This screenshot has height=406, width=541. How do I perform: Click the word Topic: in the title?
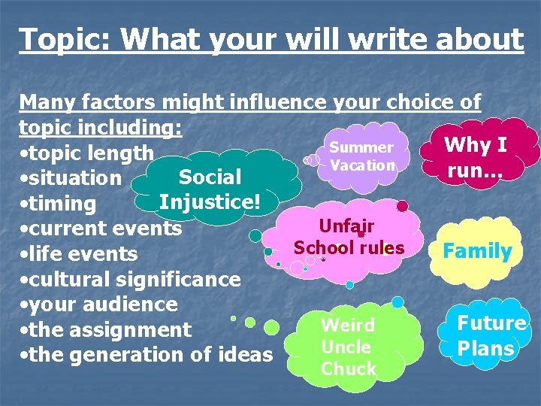63,39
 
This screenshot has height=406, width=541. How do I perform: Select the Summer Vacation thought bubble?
361,156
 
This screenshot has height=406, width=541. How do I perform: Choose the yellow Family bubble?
477,251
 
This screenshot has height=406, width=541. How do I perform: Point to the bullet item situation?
71,178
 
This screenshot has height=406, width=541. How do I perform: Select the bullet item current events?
101,229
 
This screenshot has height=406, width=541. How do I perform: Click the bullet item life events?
79,254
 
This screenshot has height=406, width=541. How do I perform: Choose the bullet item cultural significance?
131,280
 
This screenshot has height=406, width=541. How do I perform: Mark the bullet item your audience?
99,304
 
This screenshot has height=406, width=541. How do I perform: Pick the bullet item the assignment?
106,329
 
